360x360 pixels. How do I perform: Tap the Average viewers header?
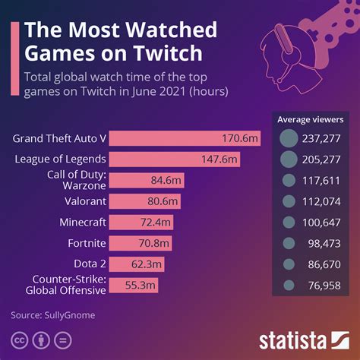[x=310, y=119]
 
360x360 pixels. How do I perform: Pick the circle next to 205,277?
[x=289, y=159]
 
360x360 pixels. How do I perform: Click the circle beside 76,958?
[x=289, y=286]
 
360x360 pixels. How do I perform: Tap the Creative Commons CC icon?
[x=17, y=338]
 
